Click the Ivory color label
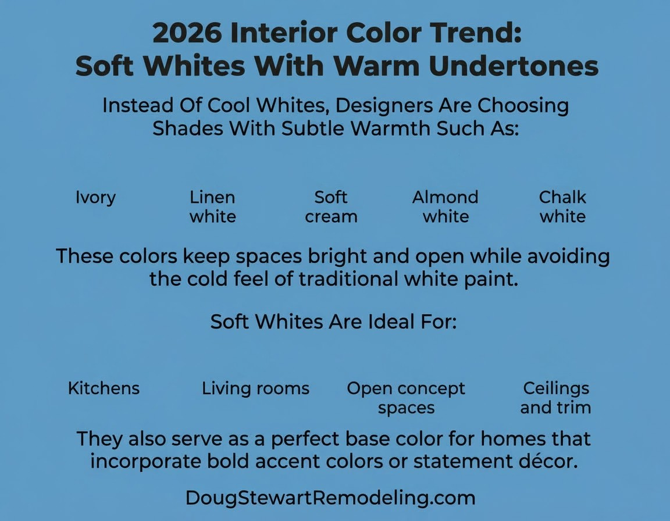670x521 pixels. point(95,197)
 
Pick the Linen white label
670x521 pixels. point(213,207)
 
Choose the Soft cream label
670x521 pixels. point(331,207)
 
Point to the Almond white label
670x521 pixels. point(446,207)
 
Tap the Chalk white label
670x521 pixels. point(562,207)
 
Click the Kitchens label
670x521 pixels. point(104,388)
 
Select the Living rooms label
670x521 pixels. point(255,388)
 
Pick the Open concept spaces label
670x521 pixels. point(406,398)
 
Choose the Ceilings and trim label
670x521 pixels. point(555,398)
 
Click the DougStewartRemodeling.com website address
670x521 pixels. point(330,498)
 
